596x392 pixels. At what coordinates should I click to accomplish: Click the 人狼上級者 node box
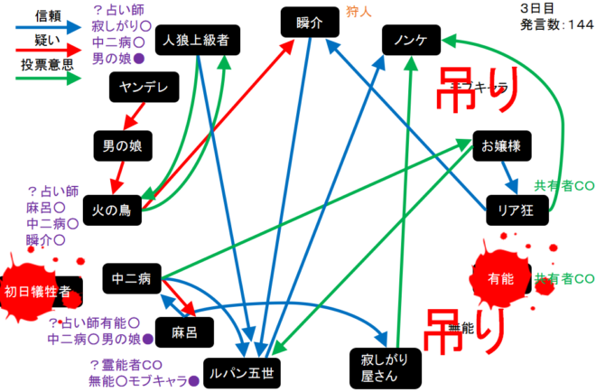pyautogui.click(x=196, y=42)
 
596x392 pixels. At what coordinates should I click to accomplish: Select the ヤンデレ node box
pyautogui.click(x=142, y=88)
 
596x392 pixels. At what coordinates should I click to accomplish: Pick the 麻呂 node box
pyautogui.click(x=183, y=332)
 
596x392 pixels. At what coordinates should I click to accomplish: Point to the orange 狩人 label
pyautogui.click(x=359, y=14)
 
